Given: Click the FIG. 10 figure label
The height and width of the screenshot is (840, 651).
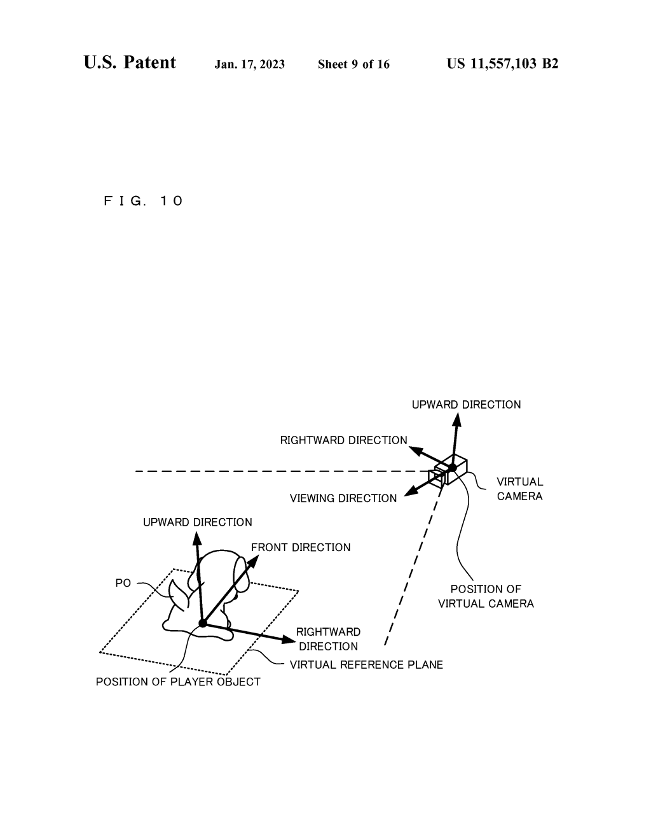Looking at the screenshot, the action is [x=143, y=201].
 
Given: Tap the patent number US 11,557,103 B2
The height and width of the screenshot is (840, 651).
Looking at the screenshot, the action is [x=502, y=64].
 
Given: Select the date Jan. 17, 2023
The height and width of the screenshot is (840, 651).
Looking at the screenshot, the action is [x=249, y=64].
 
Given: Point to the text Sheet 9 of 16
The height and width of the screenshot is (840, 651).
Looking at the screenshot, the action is [x=353, y=64].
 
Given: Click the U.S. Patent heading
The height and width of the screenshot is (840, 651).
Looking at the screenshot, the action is [x=130, y=62].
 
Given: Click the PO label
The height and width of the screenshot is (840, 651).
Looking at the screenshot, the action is [x=123, y=583].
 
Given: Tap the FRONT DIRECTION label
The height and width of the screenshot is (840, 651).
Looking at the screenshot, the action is [x=301, y=547].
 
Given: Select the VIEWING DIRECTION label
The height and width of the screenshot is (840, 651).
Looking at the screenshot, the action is [x=343, y=498].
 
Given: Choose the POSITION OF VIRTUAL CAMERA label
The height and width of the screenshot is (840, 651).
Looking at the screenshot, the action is [x=486, y=596].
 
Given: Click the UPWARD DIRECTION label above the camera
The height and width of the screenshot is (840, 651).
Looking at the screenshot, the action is [x=467, y=405].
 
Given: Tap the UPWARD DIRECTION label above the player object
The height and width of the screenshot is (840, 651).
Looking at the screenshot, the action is [x=197, y=522].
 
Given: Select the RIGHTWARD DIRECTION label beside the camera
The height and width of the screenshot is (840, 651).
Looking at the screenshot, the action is [x=344, y=440].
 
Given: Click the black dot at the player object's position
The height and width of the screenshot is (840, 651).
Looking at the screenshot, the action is [x=203, y=623].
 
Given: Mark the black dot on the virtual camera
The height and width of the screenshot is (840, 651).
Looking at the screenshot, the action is [x=453, y=468].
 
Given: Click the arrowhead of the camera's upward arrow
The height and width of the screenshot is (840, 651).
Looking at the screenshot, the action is [x=458, y=419].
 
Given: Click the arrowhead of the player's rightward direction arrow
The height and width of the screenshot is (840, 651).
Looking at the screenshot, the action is [x=289, y=640].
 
